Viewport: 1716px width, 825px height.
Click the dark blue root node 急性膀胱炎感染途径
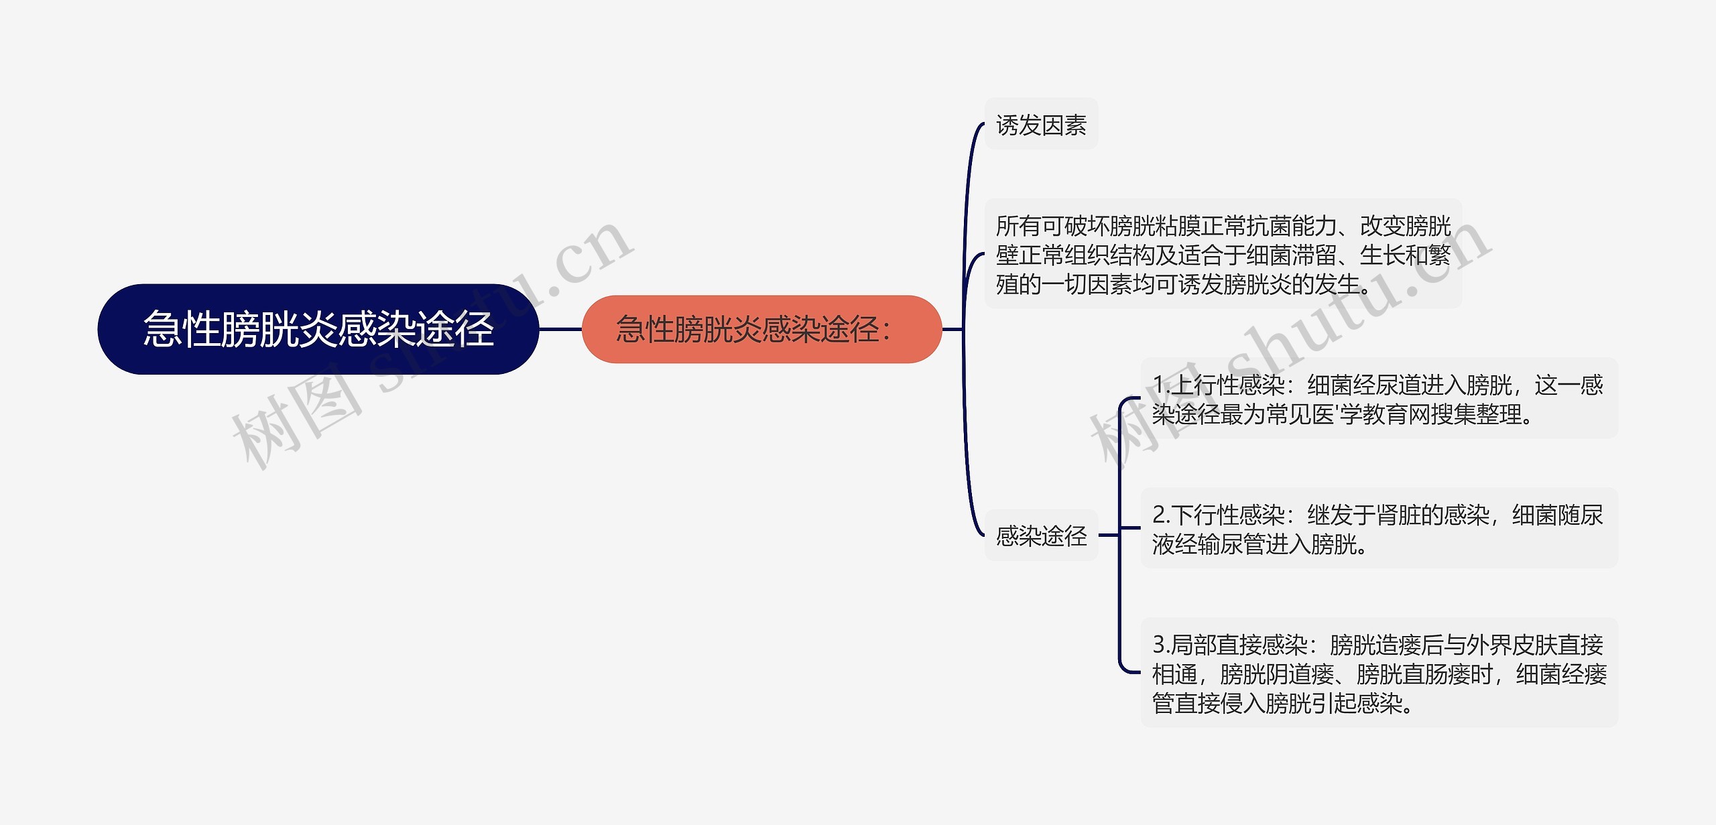coord(318,329)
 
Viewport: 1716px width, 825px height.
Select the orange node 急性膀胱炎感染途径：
coord(761,329)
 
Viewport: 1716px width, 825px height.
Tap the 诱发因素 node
coord(1041,125)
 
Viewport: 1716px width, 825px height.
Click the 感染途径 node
coord(1041,535)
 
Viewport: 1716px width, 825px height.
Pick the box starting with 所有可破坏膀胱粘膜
coord(1223,255)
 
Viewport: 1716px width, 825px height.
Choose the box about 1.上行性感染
coord(1378,399)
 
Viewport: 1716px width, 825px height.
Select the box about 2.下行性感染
coord(1378,529)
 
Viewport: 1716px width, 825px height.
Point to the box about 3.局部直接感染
coord(1378,673)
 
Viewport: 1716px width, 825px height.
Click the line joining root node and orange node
coord(560,329)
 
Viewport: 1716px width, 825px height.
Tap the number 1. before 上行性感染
coord(1161,385)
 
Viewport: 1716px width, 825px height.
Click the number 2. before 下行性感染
coord(1161,515)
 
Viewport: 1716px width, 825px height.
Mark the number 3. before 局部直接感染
coord(1161,645)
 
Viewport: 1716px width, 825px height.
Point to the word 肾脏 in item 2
coord(1398,515)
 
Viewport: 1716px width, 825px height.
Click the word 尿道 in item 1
coord(1398,385)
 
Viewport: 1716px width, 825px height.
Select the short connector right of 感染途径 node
coord(1109,535)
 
